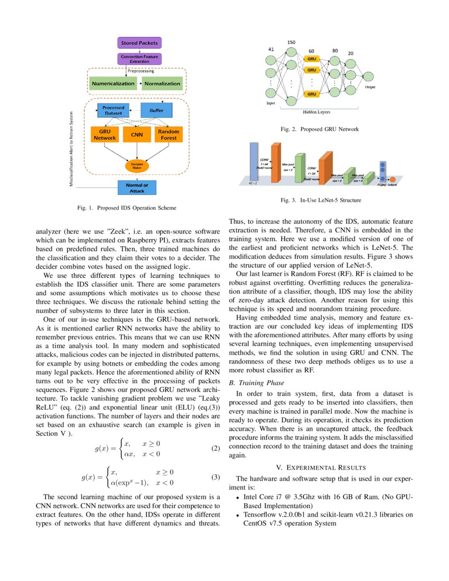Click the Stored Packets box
click(139, 43)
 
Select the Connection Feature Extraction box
click(139, 59)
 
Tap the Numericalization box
click(113, 83)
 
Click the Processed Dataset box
click(113, 110)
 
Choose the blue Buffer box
click(156, 110)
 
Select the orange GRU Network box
click(105, 134)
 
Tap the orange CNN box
click(137, 134)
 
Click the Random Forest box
click(169, 134)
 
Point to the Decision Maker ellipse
click(137, 165)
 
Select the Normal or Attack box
click(137, 188)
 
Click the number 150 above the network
click(291, 42)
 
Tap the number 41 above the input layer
click(271, 49)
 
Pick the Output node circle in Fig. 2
click(370, 77)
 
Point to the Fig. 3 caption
click(320, 200)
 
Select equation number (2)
click(215, 449)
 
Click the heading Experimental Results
click(321, 467)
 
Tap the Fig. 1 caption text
click(127, 208)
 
